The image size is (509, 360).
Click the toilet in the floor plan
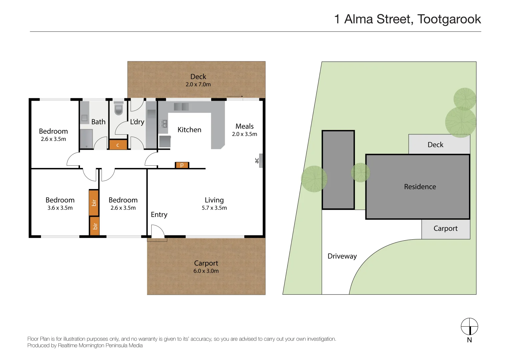[x=119, y=109]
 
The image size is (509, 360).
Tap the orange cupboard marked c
[x=118, y=145]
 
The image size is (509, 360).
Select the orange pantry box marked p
[x=182, y=165]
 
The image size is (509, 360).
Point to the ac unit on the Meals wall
[x=261, y=160]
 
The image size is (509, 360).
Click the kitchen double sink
[x=181, y=107]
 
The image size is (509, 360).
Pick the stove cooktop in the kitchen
[x=163, y=124]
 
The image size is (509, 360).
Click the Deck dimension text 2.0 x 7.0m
[x=198, y=85]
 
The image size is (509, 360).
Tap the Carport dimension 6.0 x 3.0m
[x=206, y=271]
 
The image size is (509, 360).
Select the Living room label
[x=214, y=200]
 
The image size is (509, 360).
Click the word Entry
[x=159, y=215]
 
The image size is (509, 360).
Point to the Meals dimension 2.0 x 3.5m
[x=244, y=134]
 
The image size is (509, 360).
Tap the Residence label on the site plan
[x=420, y=187]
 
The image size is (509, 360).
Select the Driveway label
[x=342, y=256]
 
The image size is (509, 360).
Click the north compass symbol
[x=469, y=326]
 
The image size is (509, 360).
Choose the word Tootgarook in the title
[x=449, y=19]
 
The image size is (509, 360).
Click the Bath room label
[x=98, y=122]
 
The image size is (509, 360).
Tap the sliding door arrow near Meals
[x=235, y=97]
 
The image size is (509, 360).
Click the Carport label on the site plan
[x=445, y=228]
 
